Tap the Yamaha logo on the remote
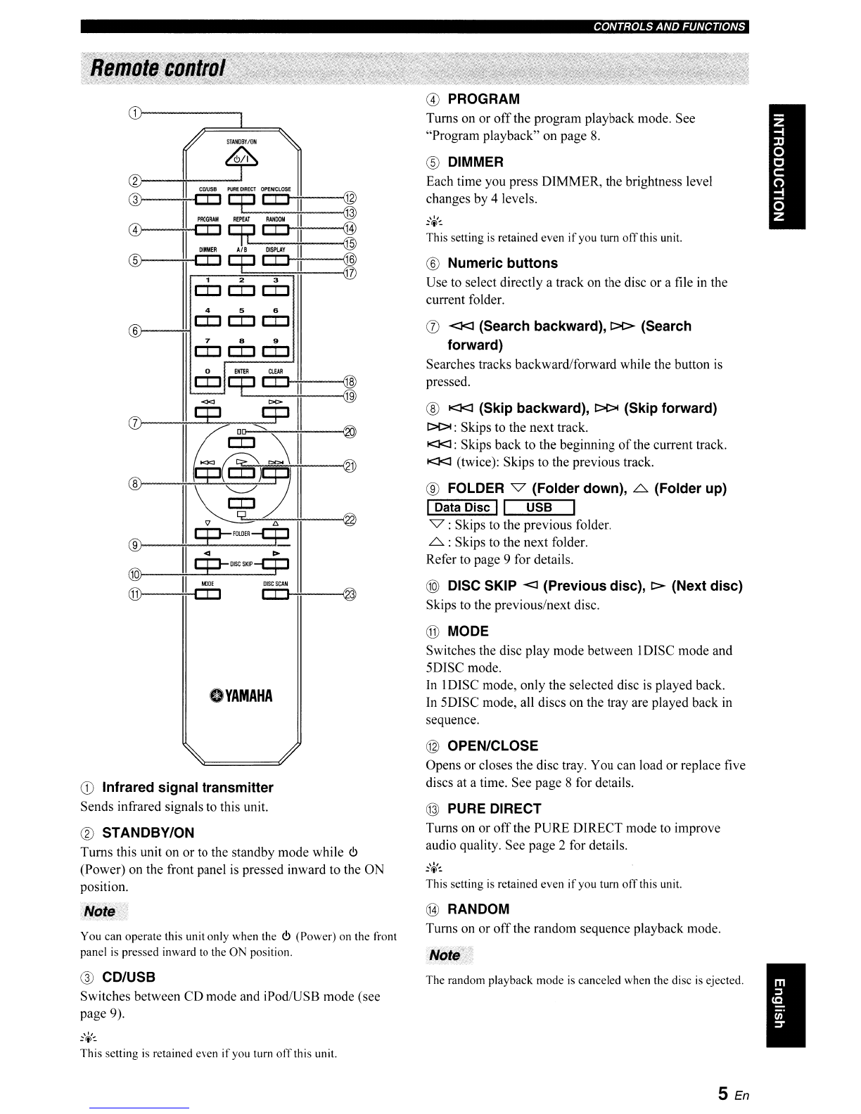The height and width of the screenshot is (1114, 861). [241, 696]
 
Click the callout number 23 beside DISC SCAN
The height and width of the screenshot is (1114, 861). [349, 594]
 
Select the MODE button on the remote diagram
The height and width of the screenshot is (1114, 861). [208, 594]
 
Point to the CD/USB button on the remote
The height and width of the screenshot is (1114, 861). [208, 200]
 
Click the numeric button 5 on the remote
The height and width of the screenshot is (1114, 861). [241, 321]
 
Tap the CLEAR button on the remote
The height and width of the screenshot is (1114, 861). [275, 382]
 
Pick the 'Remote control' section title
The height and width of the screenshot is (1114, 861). [158, 68]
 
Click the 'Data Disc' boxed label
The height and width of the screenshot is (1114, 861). [462, 508]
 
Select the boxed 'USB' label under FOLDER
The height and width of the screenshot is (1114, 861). [539, 508]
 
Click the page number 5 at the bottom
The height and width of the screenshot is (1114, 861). [722, 1094]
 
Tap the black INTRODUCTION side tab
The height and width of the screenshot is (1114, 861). [786, 167]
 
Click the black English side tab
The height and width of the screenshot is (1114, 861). [786, 1005]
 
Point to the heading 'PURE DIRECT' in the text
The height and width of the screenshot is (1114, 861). [495, 809]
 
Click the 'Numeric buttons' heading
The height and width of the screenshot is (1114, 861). [502, 263]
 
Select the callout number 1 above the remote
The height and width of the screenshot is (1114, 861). [134, 113]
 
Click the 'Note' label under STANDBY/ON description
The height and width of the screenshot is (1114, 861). [100, 911]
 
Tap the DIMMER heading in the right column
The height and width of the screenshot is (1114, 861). [476, 162]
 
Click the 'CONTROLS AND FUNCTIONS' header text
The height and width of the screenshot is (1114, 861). [669, 27]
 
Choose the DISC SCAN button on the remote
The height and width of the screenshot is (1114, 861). [275, 594]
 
